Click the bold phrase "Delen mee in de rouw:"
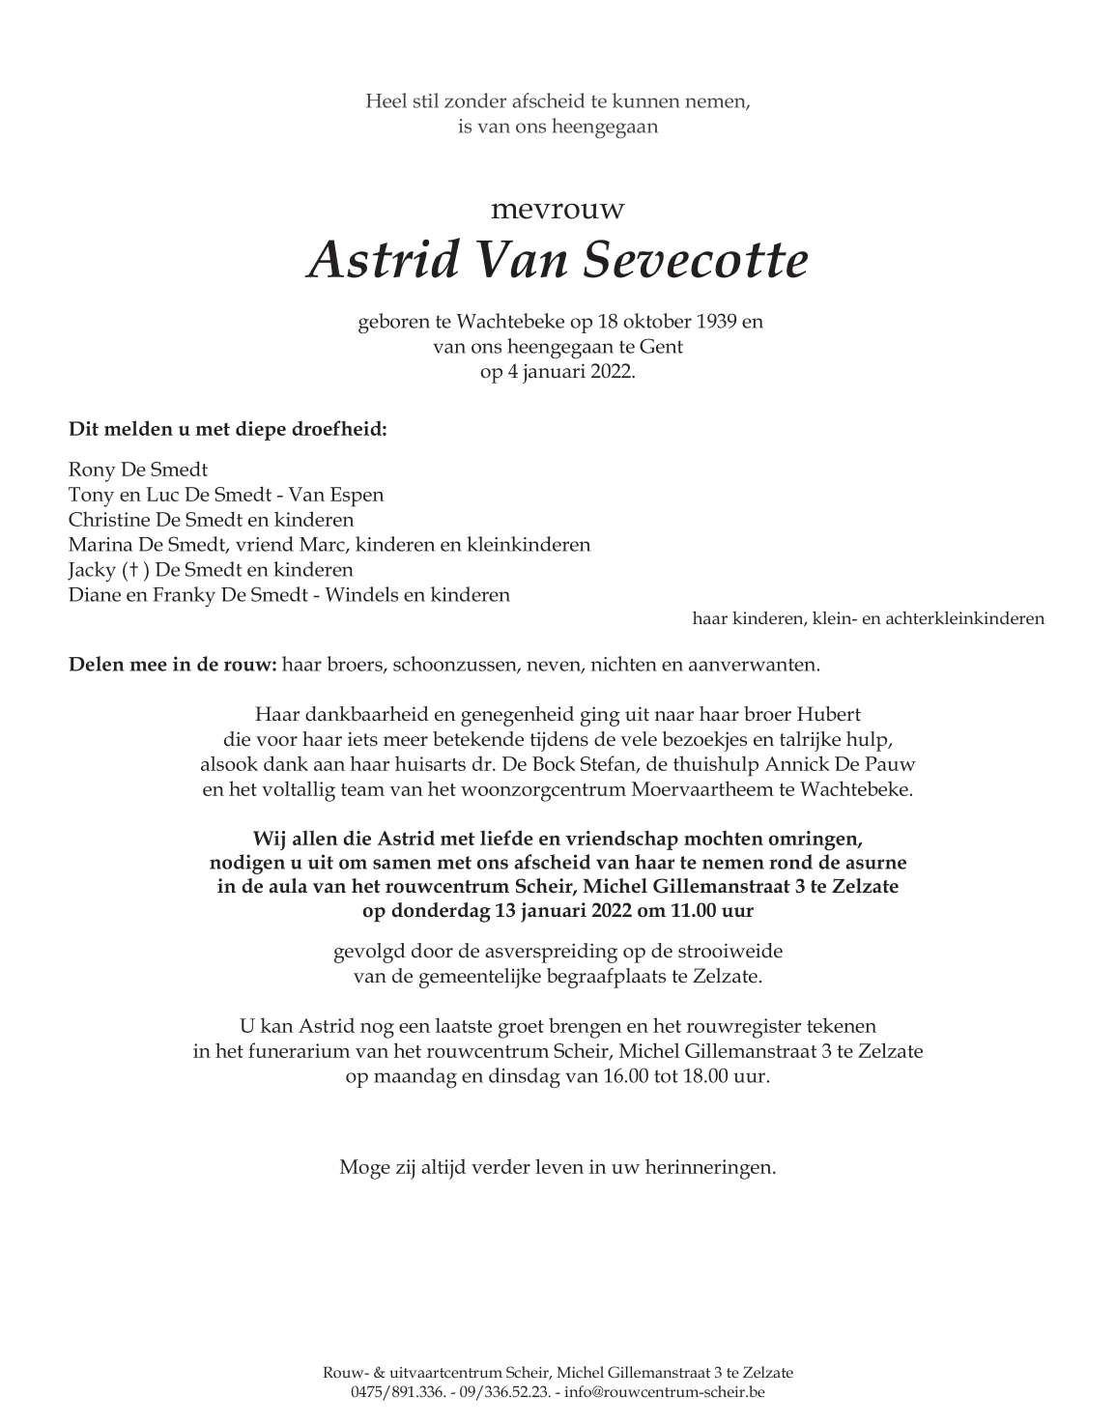point(173,665)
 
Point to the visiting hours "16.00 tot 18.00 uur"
point(677,1076)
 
